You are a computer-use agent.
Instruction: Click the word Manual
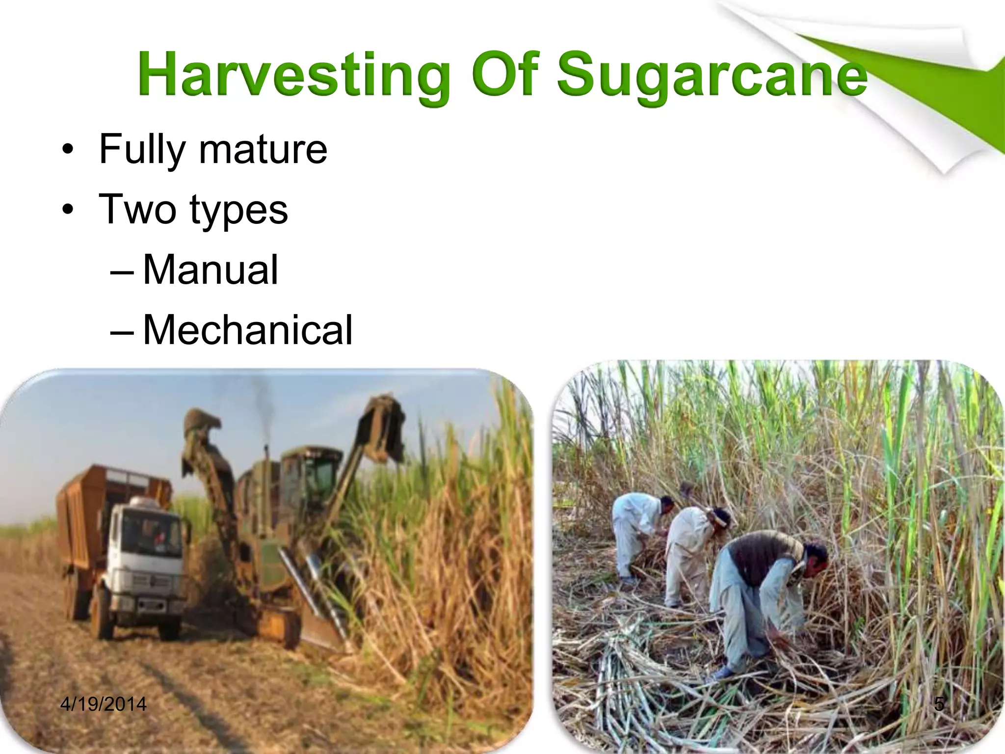[211, 269]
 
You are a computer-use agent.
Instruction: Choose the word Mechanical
[247, 330]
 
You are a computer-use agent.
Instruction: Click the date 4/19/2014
[103, 704]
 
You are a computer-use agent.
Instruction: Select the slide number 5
[939, 704]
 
